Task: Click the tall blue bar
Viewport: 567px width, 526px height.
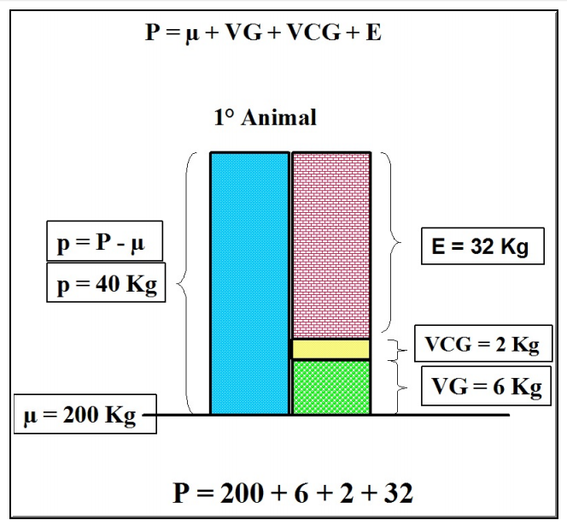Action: point(249,282)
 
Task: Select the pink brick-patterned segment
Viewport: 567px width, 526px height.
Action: point(331,245)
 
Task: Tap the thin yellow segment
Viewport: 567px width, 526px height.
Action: point(331,349)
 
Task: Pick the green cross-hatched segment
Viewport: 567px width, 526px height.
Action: point(331,387)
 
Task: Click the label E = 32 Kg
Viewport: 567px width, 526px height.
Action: point(482,247)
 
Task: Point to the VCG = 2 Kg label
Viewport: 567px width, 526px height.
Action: point(482,345)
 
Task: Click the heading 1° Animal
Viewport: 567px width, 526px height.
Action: point(265,117)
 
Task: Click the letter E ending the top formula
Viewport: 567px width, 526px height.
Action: point(375,33)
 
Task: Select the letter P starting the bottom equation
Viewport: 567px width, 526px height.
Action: point(183,493)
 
